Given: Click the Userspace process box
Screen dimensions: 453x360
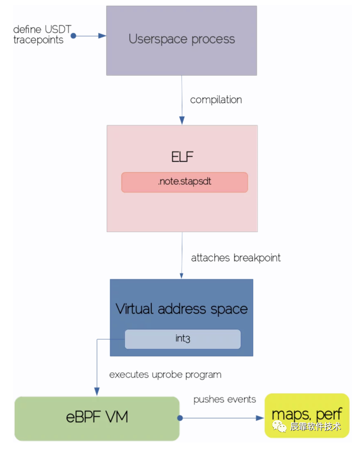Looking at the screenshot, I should click(181, 40).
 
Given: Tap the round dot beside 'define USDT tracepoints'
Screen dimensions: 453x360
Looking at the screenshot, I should click(73, 36).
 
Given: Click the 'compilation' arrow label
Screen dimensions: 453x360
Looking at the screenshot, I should click(216, 100).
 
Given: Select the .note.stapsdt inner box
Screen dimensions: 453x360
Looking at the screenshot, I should click(184, 182).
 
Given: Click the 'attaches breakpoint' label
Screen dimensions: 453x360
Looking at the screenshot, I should click(236, 258).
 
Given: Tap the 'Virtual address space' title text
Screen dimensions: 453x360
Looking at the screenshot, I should click(181, 309).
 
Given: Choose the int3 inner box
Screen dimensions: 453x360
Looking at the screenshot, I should click(183, 339).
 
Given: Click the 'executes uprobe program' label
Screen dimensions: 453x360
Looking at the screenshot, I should click(165, 374).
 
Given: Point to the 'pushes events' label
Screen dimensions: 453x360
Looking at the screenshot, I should click(224, 399).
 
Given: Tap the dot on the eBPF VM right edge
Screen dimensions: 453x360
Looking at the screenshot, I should click(180, 419).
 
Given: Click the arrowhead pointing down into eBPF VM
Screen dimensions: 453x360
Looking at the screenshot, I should click(97, 392).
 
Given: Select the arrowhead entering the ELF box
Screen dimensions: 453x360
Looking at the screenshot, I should click(182, 120).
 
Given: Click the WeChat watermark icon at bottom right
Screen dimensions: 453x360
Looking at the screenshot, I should click(280, 427).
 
